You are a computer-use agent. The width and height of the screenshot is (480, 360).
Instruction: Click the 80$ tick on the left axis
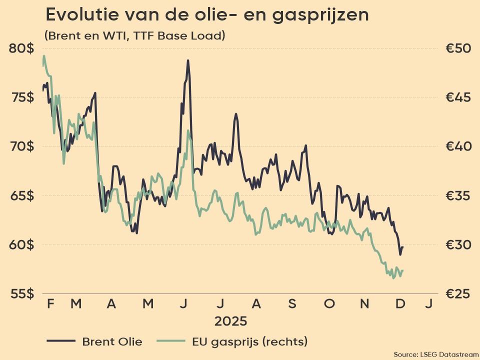coord(21,48)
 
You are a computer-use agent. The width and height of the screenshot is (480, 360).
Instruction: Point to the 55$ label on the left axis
coord(21,293)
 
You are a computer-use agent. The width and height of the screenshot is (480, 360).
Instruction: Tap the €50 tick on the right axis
coord(458,48)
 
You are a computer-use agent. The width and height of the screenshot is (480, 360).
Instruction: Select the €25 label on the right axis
coord(458,293)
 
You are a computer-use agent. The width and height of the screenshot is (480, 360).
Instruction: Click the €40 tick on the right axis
coord(458,146)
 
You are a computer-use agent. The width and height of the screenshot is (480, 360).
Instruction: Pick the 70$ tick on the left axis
coord(21,146)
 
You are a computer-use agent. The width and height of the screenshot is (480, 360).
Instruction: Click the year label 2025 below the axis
coord(230,320)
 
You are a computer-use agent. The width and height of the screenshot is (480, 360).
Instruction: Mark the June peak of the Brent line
coord(188,60)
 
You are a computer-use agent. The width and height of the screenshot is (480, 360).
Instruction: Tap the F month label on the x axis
coord(50,303)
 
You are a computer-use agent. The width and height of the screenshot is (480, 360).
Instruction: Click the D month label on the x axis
coord(400,303)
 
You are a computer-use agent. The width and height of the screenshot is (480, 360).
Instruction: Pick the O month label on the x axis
coord(329,303)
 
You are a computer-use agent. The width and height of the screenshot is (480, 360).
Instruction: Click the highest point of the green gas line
coord(44,56)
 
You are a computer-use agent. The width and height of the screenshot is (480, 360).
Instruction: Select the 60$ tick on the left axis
coord(21,244)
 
